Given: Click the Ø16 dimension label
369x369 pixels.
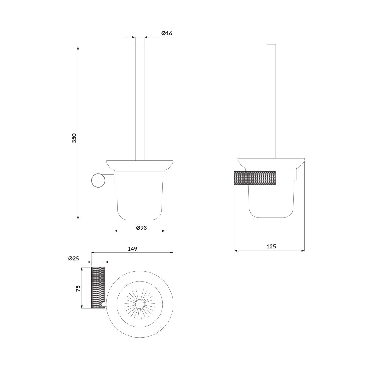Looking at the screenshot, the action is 167,33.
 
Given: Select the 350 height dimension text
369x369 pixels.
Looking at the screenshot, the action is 74,138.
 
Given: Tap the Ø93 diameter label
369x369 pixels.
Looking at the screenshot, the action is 141,228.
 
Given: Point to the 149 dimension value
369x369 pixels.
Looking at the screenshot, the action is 132,249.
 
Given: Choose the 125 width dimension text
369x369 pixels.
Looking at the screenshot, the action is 271,246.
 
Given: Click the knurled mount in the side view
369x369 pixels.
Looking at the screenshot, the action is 255,178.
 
